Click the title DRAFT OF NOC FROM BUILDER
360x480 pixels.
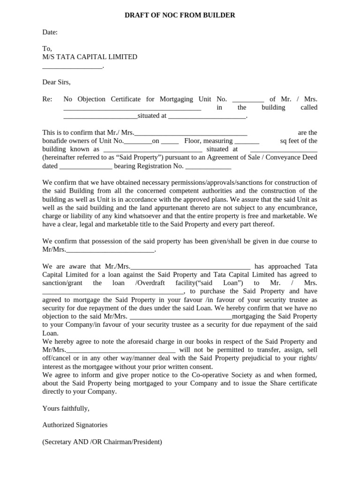180,15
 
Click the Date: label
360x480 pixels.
50,32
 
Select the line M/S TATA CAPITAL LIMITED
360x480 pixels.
90,57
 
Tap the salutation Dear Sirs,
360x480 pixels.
56,82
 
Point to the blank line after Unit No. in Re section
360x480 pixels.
248,99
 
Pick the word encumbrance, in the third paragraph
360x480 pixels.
296,208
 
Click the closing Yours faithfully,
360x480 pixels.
66,408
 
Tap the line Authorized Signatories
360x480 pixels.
75,425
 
